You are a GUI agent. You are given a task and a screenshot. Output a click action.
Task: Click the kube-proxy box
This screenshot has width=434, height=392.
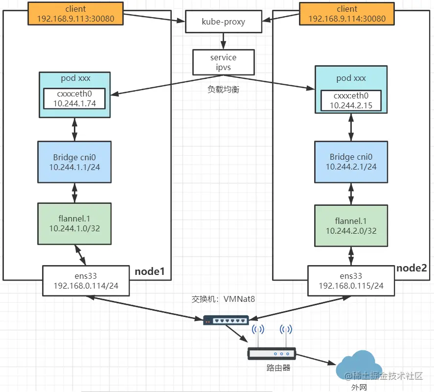click(x=224, y=22)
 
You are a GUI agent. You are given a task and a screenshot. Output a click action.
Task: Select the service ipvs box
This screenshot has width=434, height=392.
click(x=224, y=62)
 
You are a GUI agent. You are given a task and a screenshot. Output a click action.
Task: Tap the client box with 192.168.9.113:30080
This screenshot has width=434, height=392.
click(x=75, y=14)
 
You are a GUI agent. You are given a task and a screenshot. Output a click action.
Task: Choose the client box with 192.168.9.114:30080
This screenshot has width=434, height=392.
click(x=347, y=14)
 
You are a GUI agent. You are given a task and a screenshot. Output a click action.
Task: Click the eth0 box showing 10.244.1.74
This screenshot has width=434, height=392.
click(x=74, y=98)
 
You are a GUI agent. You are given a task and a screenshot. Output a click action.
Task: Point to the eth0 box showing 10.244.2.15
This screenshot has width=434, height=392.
click(x=351, y=100)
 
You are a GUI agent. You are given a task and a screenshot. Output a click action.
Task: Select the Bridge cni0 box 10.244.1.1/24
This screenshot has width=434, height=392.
click(x=74, y=162)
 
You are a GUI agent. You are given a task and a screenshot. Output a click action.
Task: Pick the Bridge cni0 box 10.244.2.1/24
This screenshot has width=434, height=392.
click(x=351, y=162)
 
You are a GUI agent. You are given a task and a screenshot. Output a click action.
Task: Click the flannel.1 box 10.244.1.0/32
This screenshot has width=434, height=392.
click(x=74, y=224)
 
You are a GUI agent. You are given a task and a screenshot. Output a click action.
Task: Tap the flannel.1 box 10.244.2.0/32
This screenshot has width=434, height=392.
click(x=351, y=226)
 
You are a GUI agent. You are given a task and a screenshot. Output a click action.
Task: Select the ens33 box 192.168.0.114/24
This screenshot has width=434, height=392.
click(x=86, y=281)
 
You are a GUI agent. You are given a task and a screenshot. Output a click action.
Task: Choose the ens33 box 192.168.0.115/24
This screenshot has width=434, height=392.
click(x=351, y=281)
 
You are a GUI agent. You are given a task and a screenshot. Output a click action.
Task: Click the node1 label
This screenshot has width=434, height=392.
click(x=150, y=271)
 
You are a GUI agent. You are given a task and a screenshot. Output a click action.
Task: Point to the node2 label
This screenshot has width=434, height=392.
click(x=411, y=268)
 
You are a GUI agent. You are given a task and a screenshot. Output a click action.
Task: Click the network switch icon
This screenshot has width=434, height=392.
click(x=226, y=320)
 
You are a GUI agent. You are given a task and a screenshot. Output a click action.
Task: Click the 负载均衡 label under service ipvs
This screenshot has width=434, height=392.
click(x=224, y=89)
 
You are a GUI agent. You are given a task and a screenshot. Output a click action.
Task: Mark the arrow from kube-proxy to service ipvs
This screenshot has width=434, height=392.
click(x=224, y=41)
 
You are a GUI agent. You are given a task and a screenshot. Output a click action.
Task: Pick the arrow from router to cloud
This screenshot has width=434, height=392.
click(x=316, y=359)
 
